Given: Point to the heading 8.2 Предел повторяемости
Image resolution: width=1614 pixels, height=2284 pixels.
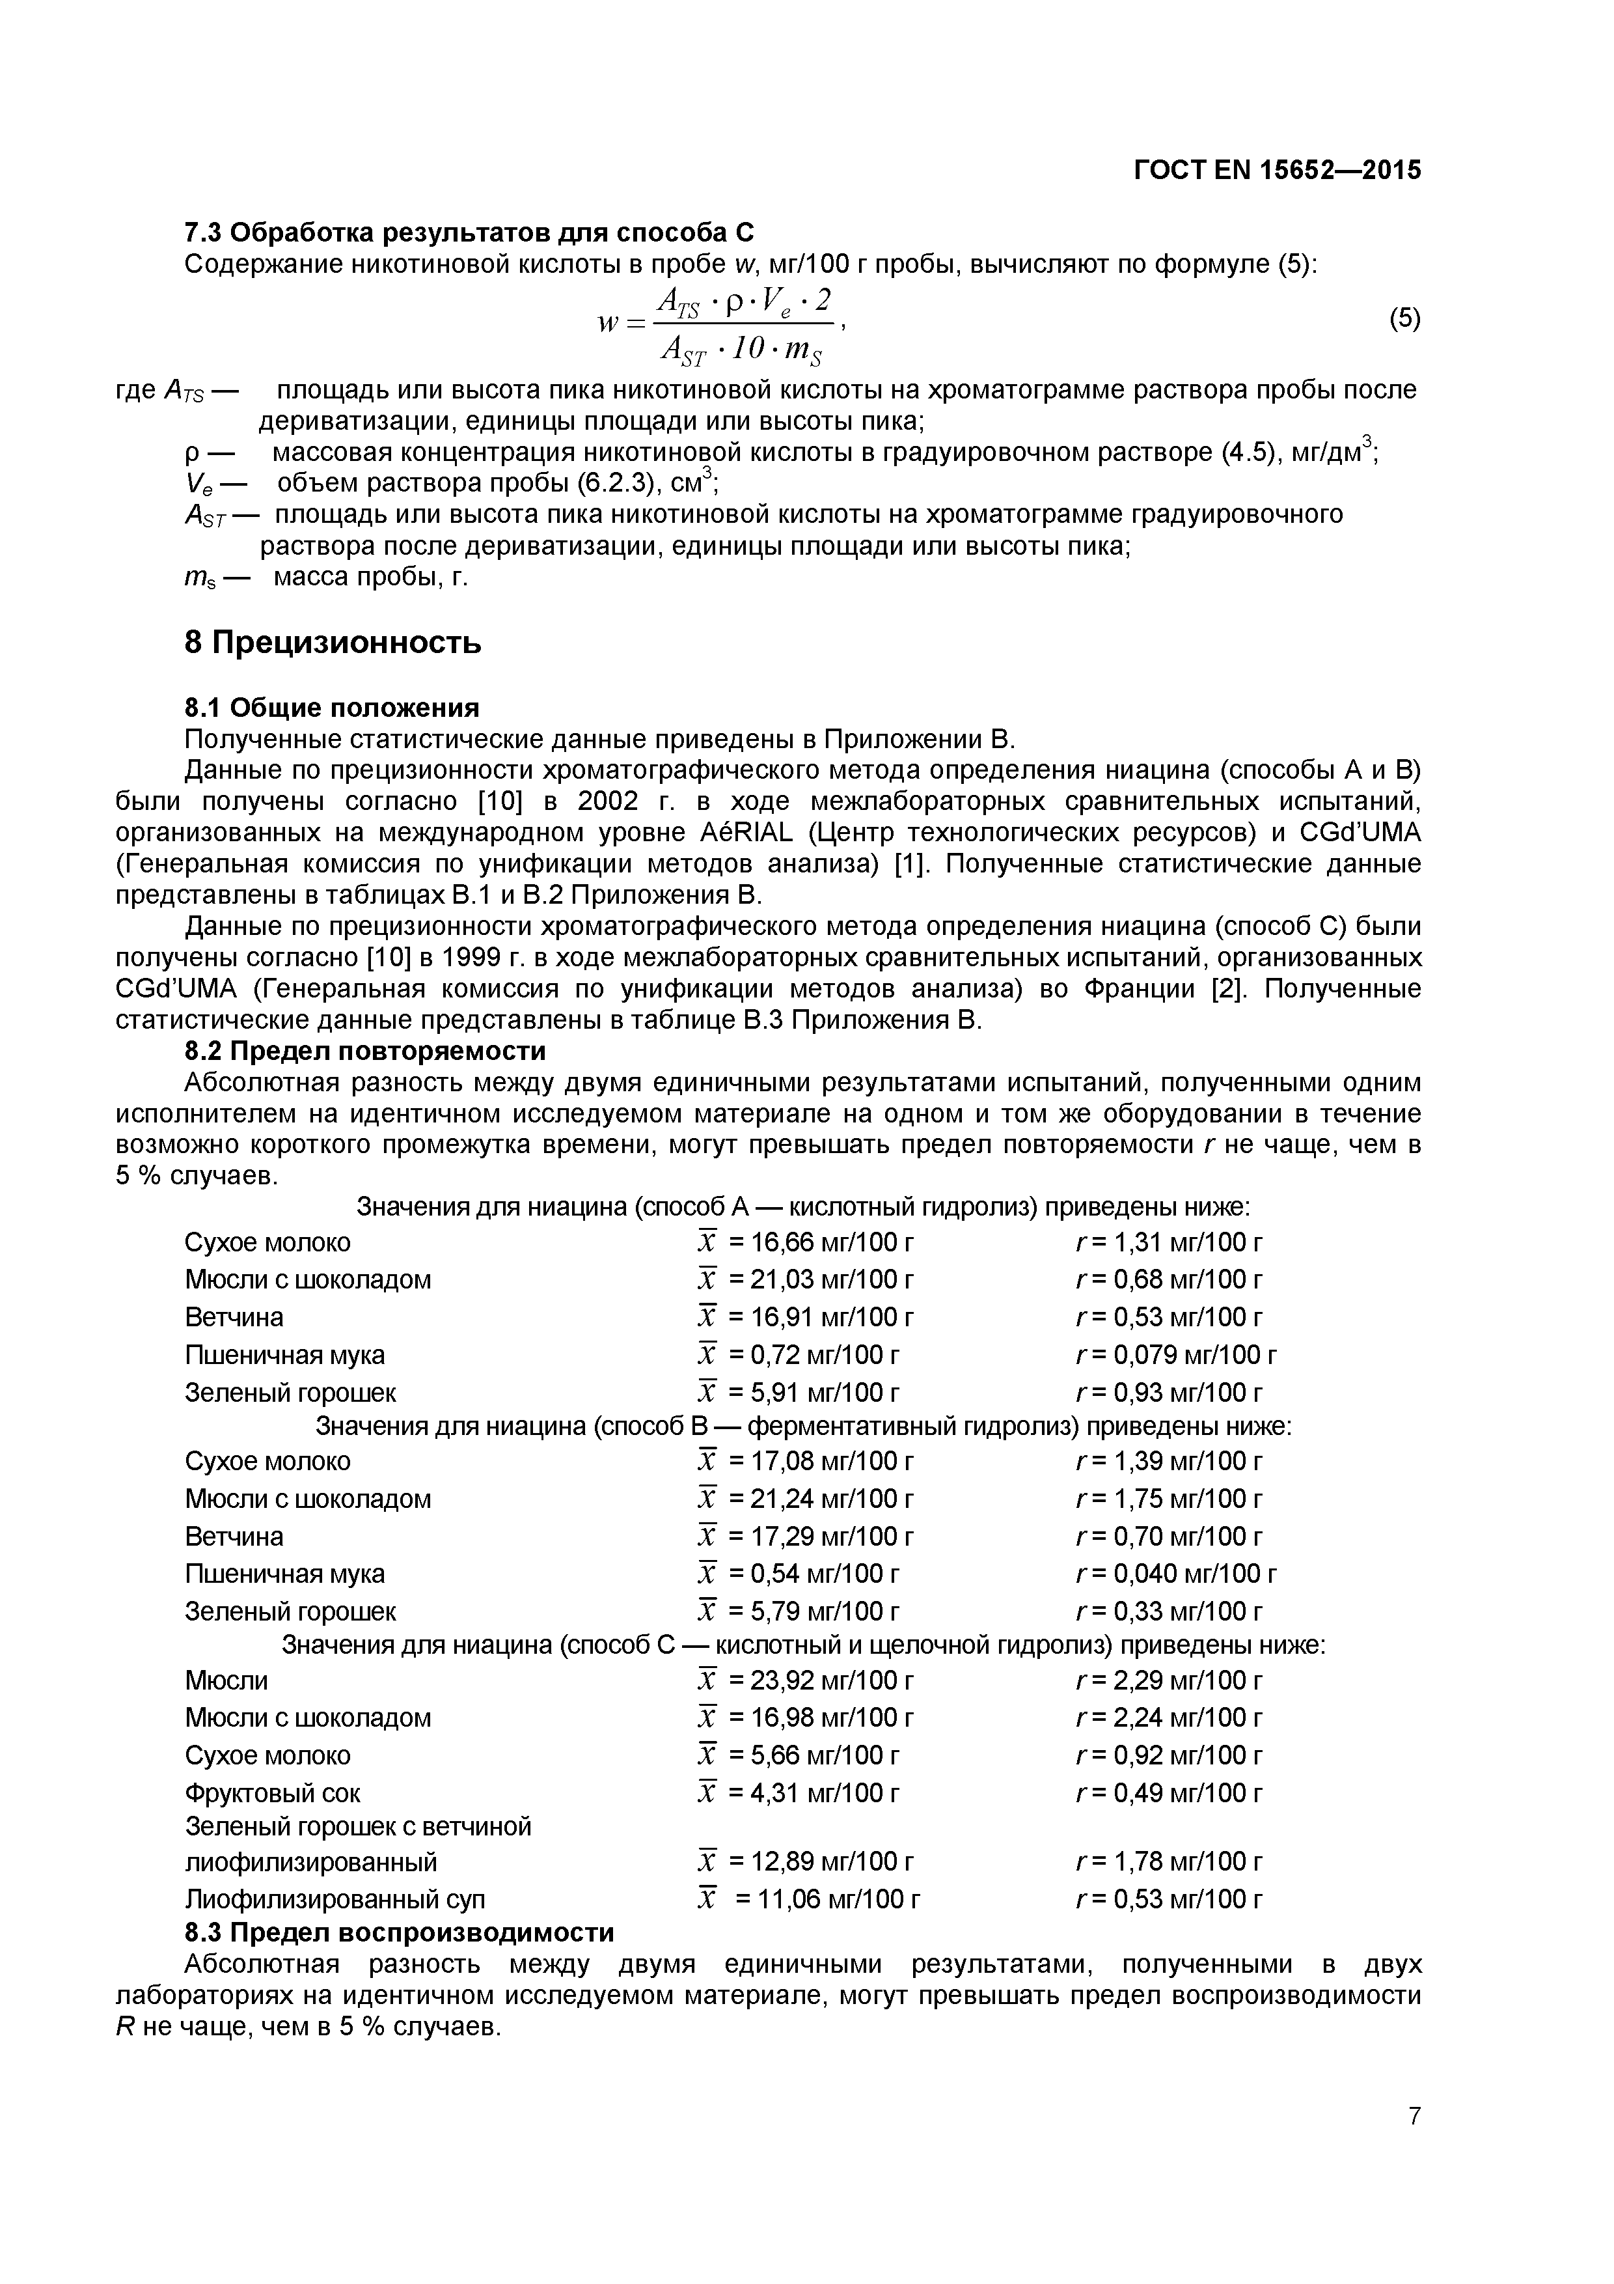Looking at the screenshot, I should [365, 1051].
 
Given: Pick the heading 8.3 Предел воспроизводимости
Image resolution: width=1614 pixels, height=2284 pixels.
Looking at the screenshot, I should [399, 1932].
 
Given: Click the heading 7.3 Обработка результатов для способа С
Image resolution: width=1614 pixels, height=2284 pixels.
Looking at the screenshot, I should [469, 233].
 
